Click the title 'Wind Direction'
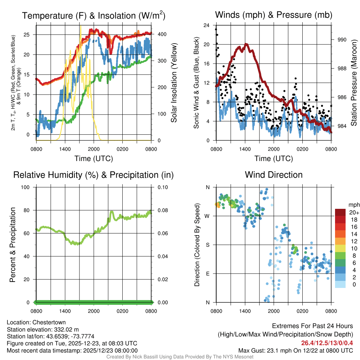click(274, 175)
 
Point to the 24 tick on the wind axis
click(206, 25)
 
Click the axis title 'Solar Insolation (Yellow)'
click(174, 83)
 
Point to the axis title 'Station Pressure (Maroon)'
click(354, 83)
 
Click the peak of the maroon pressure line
click(246, 44)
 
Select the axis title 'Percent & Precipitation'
click(13, 245)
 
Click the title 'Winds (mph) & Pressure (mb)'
click(274, 15)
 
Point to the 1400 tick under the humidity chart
click(65, 311)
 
